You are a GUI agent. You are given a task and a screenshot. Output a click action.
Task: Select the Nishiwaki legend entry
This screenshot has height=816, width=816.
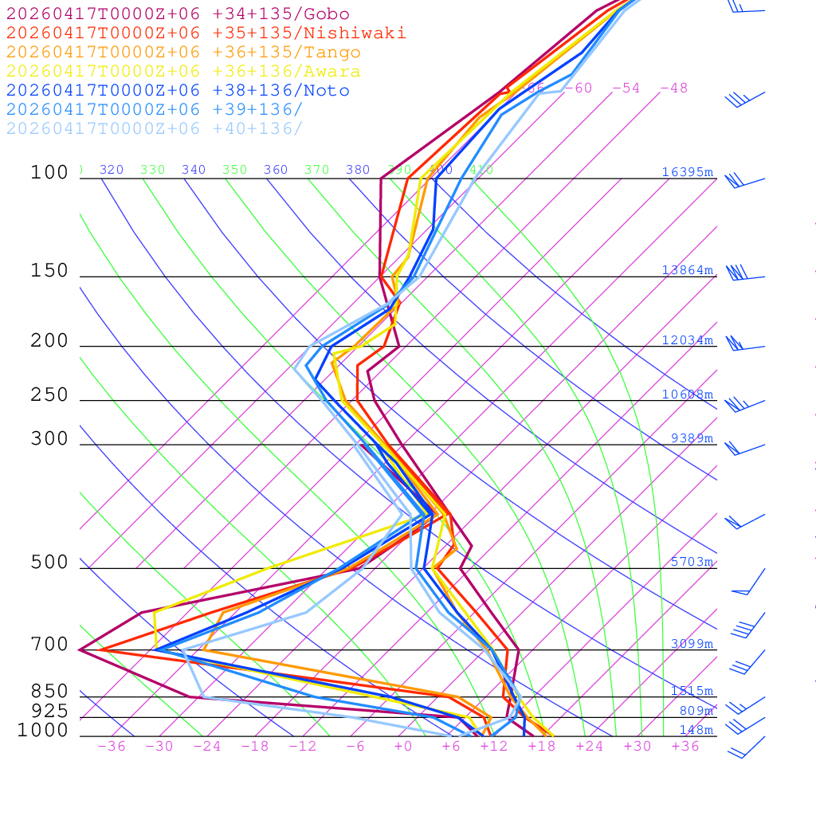point(206,33)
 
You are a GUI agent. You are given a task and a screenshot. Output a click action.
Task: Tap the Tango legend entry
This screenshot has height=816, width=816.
point(183,53)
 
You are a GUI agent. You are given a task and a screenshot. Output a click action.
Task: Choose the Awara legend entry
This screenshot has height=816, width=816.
point(183,72)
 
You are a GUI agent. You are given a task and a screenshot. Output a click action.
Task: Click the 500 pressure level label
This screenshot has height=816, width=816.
point(49,563)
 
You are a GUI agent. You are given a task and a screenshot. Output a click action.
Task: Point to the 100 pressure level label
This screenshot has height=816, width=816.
point(49,173)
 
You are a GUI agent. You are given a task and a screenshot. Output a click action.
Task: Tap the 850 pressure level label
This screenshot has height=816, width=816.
point(49,692)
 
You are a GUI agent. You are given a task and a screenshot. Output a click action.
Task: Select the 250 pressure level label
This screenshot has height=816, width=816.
point(49,395)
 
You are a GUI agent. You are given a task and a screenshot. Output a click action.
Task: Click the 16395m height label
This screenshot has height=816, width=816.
point(687,172)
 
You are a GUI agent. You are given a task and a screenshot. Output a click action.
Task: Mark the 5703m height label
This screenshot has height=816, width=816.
point(692,562)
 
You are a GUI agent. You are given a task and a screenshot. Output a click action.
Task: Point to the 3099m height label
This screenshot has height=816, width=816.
point(692,644)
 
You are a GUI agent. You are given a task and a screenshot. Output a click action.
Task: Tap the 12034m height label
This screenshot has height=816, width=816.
point(687,340)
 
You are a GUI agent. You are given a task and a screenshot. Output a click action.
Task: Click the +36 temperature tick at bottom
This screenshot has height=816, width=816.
point(685,747)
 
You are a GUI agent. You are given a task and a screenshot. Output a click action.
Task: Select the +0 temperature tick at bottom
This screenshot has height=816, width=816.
point(403,747)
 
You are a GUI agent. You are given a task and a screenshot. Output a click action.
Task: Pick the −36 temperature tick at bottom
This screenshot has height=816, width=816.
point(111,747)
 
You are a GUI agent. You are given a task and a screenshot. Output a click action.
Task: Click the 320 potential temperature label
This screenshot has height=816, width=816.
point(112,170)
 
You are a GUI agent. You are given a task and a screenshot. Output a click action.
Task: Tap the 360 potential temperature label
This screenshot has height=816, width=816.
point(276,170)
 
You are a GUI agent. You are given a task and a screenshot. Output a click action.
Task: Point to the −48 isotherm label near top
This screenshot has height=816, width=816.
point(673,88)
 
